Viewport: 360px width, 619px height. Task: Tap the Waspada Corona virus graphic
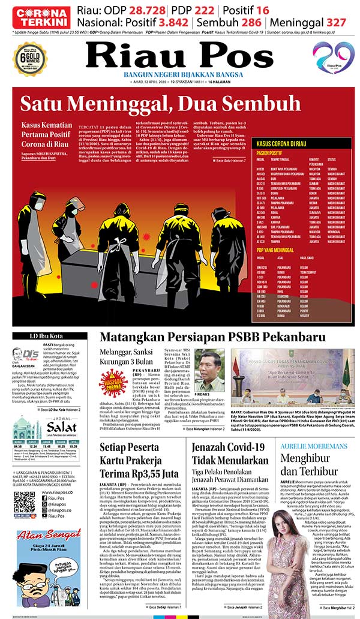tap(113, 383)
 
